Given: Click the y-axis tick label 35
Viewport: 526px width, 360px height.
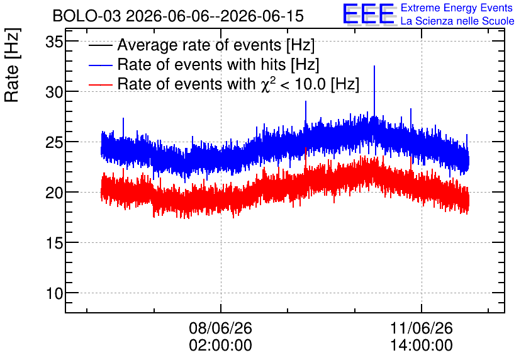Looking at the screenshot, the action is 54,42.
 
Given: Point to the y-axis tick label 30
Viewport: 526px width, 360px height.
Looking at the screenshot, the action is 54,92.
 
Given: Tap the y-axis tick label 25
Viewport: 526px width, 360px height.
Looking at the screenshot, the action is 54,142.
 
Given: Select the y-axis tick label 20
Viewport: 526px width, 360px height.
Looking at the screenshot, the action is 54,193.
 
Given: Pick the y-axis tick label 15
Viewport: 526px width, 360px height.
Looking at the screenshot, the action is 54,243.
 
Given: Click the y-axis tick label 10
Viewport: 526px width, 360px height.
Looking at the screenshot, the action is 54,293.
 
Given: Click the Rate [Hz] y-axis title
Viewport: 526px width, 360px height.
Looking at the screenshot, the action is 12,65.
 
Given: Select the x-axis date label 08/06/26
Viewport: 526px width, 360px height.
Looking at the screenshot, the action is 220,328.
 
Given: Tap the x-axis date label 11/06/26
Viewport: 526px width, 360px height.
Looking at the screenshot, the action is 422,328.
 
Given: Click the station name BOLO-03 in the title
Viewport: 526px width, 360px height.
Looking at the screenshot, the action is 87,16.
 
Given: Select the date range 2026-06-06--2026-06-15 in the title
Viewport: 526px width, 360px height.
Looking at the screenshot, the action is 215,16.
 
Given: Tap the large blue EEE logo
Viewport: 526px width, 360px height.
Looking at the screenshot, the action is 369,14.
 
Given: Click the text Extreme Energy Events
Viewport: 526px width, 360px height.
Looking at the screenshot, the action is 457,8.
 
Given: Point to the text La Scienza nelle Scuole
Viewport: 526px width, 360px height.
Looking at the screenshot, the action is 457,21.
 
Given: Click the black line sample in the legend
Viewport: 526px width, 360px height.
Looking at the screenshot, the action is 100,45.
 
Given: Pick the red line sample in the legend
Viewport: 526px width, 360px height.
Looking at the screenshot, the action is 100,84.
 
